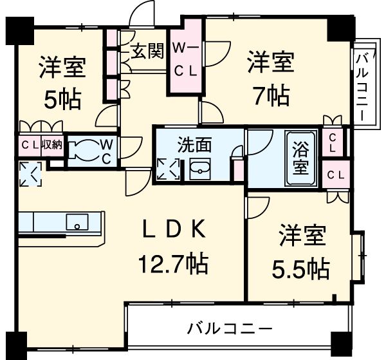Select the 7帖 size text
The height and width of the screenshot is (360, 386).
point(271,95)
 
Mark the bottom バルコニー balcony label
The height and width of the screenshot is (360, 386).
point(230,328)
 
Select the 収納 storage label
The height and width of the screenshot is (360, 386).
point(51,144)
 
